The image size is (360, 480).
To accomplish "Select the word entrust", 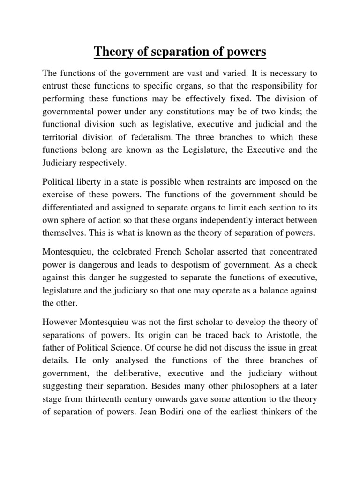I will [x=55, y=86].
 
